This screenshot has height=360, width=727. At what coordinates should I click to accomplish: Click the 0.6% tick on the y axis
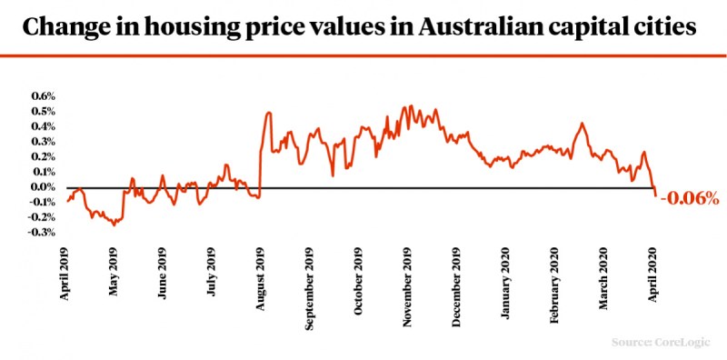click(x=44, y=95)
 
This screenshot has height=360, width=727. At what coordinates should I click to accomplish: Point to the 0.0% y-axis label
click(x=44, y=187)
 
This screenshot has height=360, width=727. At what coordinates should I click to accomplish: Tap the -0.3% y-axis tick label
click(x=43, y=234)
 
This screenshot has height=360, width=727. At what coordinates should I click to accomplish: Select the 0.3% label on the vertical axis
click(x=44, y=141)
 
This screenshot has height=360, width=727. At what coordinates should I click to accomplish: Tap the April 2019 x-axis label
click(x=65, y=274)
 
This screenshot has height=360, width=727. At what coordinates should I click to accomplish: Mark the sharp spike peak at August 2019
click(x=268, y=113)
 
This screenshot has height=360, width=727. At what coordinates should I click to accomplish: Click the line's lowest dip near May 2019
click(x=114, y=225)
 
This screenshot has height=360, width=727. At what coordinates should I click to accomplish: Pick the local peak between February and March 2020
click(x=582, y=124)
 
